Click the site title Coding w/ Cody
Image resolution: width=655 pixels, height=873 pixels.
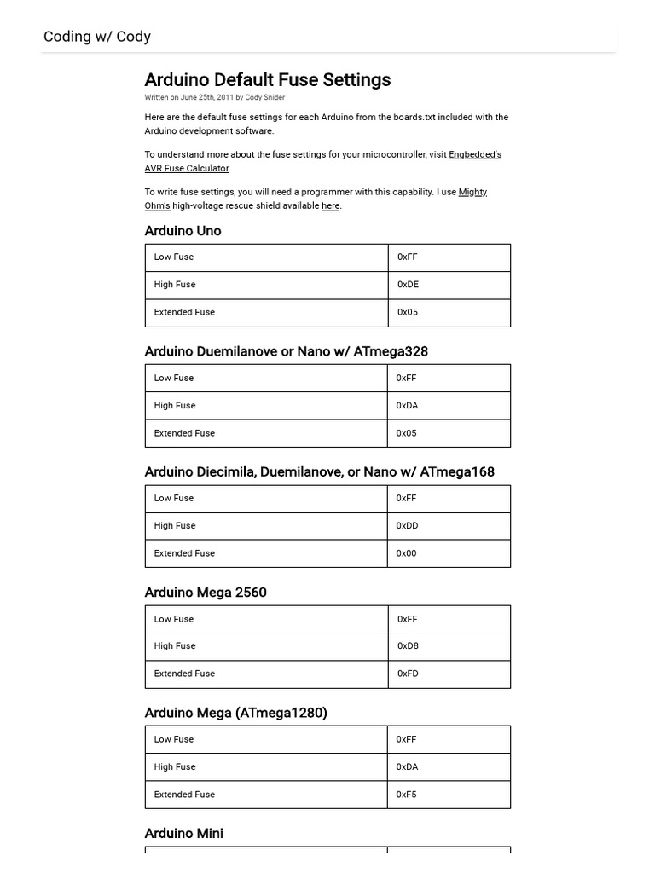97,37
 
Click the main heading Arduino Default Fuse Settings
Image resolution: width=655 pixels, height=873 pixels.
267,80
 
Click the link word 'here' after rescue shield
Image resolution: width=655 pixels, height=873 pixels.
330,206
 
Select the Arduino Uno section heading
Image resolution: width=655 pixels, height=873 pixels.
183,231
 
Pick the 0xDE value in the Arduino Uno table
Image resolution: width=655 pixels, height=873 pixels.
408,285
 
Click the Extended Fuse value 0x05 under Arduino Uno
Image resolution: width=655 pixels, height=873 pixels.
408,312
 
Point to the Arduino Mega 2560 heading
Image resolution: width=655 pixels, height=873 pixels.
206,593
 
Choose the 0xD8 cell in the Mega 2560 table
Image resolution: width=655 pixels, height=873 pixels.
408,646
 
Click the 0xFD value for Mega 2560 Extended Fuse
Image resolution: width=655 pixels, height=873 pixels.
408,674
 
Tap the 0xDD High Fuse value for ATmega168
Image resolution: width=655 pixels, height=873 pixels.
407,526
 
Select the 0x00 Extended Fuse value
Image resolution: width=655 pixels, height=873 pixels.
406,553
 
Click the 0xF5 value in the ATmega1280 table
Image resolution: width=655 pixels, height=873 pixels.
406,795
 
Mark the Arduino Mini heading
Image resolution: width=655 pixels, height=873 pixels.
184,834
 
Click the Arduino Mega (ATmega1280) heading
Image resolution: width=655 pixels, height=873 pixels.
235,713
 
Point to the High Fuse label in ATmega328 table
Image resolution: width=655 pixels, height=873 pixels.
175,406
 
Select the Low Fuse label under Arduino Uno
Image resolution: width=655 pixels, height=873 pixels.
174,257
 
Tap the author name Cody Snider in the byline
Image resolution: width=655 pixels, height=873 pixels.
265,98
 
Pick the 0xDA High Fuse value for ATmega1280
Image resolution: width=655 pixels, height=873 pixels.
407,767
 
